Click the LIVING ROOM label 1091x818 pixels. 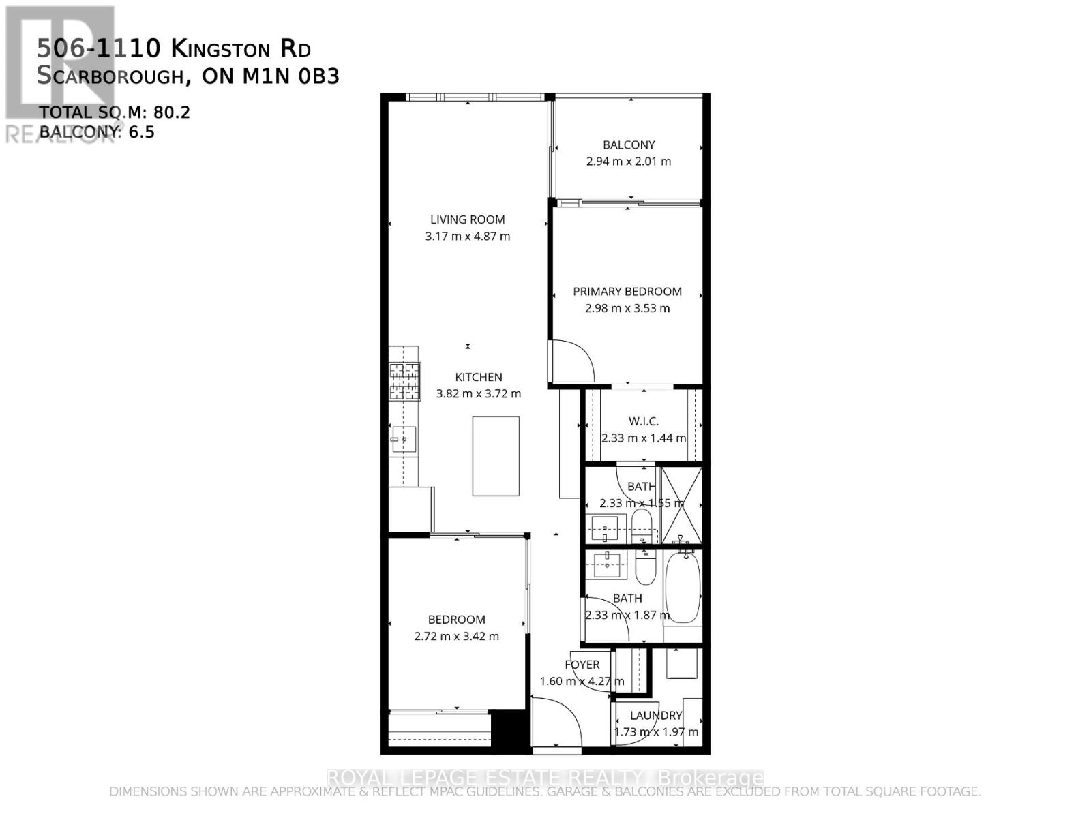(467, 219)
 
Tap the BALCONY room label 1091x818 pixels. (629, 145)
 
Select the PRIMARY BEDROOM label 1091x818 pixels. (627, 292)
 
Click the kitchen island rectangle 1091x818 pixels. (496, 456)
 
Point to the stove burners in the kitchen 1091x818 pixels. (404, 381)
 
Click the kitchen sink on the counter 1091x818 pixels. (404, 440)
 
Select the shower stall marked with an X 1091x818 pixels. (681, 504)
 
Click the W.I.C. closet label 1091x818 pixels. (643, 421)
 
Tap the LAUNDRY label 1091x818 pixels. (655, 715)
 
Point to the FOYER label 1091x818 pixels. (582, 665)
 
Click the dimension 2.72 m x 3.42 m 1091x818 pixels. (456, 637)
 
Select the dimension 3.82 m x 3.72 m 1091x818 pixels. (478, 394)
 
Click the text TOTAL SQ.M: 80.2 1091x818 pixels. (114, 112)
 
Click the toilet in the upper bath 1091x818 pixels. (642, 525)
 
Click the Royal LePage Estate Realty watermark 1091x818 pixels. (545, 778)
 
